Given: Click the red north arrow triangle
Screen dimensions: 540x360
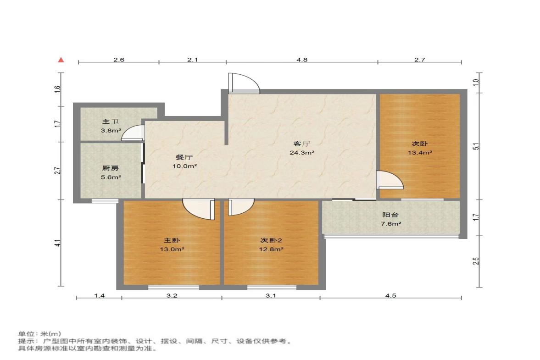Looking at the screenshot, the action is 61,60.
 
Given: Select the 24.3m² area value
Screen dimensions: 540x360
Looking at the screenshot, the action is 302,152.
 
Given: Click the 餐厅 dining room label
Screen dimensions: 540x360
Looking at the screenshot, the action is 184,157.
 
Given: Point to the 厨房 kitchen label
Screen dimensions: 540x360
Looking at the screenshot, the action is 111,168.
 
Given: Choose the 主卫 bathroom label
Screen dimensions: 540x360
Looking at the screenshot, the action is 111,122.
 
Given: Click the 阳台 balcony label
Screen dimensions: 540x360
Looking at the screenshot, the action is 390,215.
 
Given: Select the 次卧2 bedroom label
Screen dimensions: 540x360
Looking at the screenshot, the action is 271,240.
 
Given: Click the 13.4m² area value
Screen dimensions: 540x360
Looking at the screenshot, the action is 420,152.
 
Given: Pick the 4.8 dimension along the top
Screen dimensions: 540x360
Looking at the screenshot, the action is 302,60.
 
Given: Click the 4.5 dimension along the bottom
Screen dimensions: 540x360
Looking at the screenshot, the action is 390,295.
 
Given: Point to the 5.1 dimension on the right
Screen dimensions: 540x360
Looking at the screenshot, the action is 476,146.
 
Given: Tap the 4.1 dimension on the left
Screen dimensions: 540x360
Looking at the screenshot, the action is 59,243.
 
